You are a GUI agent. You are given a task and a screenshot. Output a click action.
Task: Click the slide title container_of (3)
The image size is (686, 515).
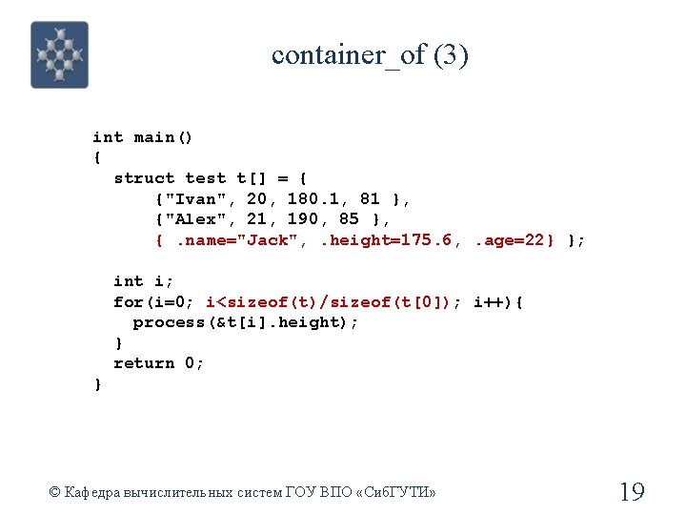370,55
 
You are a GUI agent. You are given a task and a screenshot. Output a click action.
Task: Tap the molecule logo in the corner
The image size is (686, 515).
59,55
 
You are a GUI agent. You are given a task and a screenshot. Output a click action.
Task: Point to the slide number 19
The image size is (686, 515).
632,492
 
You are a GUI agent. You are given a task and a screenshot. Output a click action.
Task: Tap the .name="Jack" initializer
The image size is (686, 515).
238,239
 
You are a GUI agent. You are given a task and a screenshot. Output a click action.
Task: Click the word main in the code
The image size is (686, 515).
153,137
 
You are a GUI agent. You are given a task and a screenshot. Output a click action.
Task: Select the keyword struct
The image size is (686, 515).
144,178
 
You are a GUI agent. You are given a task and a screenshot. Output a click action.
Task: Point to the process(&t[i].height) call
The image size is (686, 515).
245,322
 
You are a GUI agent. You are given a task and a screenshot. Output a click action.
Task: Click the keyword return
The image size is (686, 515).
144,363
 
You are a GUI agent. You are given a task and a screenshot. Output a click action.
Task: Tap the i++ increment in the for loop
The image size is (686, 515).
488,302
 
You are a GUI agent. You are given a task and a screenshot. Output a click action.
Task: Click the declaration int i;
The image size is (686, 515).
143,281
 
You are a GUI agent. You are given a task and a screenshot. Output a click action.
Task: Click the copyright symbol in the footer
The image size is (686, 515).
54,493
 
